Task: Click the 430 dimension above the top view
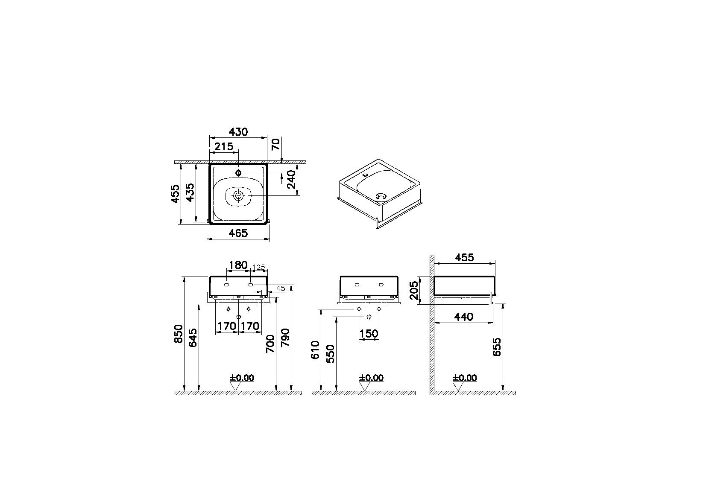point(238,132)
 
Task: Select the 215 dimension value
point(224,147)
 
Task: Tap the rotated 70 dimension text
point(276,144)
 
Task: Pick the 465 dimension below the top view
point(238,233)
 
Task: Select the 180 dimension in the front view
point(238,265)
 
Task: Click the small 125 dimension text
point(259,268)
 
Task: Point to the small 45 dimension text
point(280,288)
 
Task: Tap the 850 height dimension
point(179,333)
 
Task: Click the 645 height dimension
point(193,338)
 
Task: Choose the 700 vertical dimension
point(270,344)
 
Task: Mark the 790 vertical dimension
point(285,338)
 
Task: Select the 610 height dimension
point(315,350)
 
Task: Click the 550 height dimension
point(331,353)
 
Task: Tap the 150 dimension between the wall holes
point(369,333)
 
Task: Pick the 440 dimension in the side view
point(463,317)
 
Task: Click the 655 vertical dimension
point(497,346)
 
